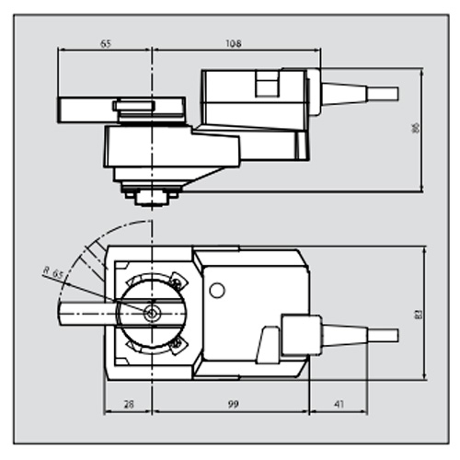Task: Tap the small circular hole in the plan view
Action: pos(217,291)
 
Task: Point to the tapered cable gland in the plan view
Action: pos(345,331)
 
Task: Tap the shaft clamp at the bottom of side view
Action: pos(149,195)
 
